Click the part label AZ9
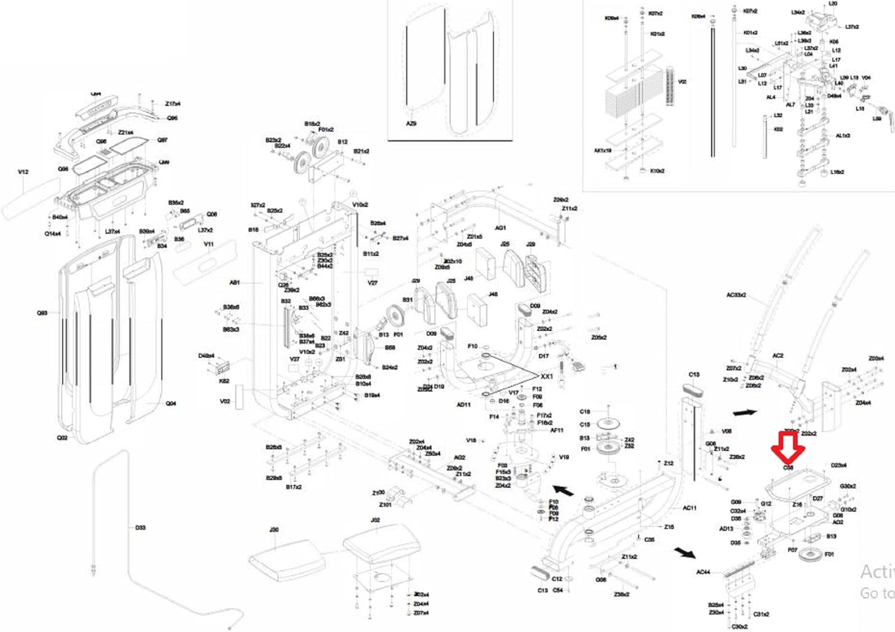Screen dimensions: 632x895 tap(411, 124)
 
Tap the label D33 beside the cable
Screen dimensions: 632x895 tap(140, 528)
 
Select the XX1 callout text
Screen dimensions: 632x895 tap(547, 377)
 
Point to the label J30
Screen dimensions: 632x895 tap(274, 530)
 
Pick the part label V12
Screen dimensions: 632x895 tap(23, 172)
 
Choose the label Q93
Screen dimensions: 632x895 tap(42, 313)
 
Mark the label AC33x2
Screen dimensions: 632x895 tap(736, 295)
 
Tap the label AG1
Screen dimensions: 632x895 tap(500, 228)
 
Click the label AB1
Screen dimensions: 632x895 tap(234, 282)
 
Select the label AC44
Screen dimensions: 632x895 tap(703, 572)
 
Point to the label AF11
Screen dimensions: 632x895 tap(556, 430)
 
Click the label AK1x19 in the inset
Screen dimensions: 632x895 tap(603, 150)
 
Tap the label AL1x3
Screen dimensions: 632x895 tap(842, 136)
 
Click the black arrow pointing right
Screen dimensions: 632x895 tap(745, 412)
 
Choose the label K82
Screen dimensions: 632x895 tap(224, 381)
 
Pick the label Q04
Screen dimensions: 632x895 tap(171, 403)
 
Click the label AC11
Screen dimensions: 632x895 tap(689, 508)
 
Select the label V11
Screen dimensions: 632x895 tap(208, 244)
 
